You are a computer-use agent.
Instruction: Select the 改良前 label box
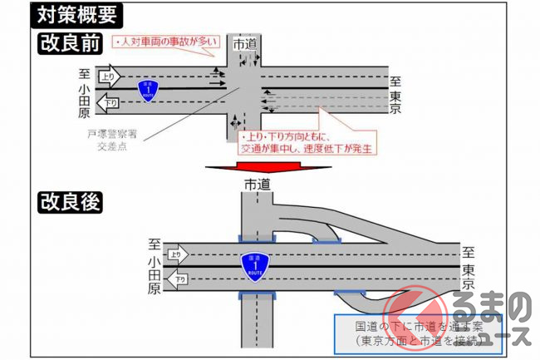(71, 42)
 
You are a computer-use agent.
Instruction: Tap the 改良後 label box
(71, 202)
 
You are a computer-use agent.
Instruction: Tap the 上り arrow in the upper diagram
(109, 76)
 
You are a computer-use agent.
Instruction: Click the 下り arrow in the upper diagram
(109, 104)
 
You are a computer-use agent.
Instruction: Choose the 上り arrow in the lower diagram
(175, 254)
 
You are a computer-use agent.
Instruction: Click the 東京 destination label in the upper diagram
(396, 96)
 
